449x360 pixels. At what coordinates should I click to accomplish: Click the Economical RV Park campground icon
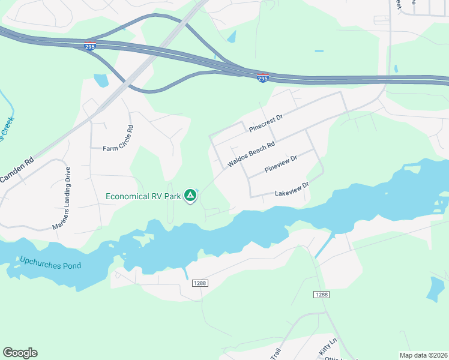(x=190, y=195)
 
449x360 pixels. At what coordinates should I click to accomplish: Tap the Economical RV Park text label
(x=143, y=196)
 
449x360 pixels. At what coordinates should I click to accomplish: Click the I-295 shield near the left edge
(x=89, y=46)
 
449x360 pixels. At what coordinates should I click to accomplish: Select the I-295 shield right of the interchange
(x=262, y=77)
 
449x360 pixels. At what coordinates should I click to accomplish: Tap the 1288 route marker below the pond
(x=200, y=283)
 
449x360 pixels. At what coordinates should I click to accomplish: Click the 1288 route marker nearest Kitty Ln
(x=321, y=294)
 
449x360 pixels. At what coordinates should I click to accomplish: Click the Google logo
(x=20, y=353)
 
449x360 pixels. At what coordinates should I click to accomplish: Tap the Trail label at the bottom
(x=276, y=355)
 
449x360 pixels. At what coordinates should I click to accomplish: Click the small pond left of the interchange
(x=101, y=80)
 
